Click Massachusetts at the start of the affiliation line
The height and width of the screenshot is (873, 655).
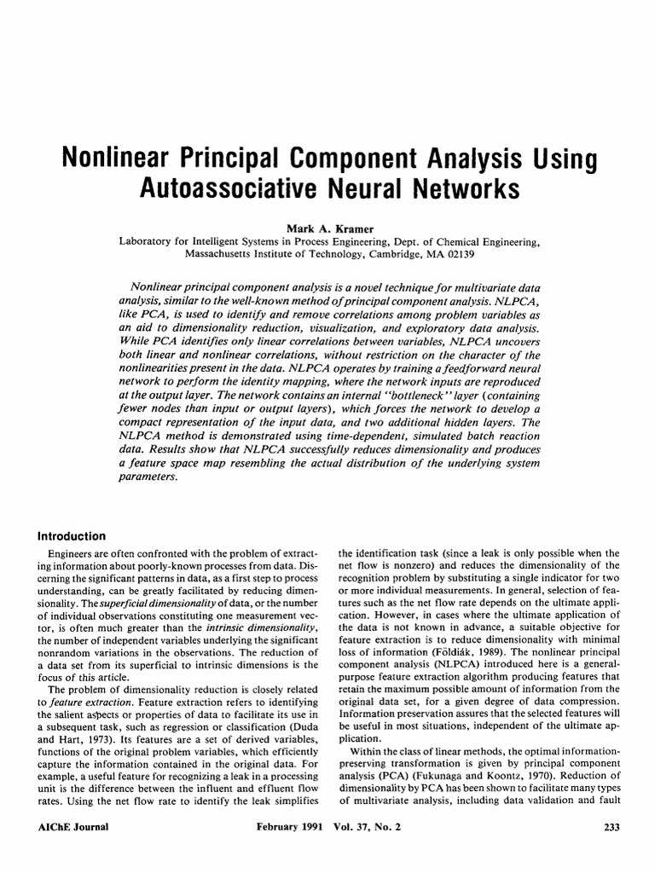coord(226,253)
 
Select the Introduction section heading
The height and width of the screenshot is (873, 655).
coord(72,536)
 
